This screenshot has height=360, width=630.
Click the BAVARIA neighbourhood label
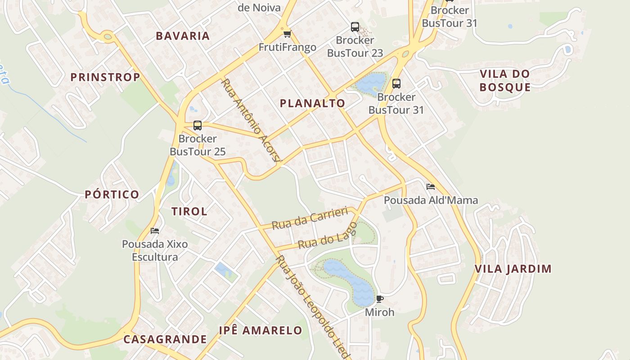[183, 36]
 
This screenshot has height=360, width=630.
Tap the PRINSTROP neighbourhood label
[105, 77]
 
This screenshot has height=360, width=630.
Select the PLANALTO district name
[312, 103]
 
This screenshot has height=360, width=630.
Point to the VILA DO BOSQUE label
[505, 81]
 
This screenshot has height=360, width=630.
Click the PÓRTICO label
[112, 194]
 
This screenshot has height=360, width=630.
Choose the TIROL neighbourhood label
[189, 211]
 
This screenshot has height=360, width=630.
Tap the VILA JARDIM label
[513, 269]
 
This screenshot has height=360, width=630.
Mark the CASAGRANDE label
[165, 339]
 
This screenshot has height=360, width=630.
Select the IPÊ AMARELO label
[261, 330]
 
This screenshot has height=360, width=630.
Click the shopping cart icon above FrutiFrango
[287, 34]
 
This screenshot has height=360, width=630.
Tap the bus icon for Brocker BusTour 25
[197, 126]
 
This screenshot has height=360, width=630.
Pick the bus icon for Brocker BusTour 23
[355, 27]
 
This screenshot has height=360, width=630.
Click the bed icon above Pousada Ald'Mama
[431, 187]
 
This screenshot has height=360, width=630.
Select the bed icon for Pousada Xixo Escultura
[155, 231]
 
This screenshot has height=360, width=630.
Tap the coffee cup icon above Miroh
[379, 299]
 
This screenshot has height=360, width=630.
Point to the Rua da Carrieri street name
[310, 218]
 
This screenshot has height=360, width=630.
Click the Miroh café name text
[379, 312]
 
